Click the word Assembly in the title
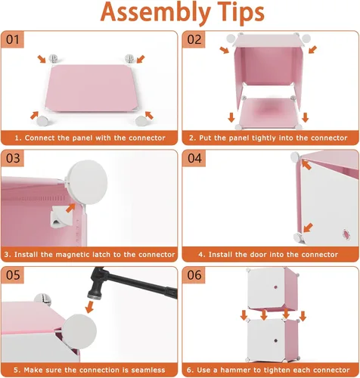[156, 13]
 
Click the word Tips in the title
[241, 13]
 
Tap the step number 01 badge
[13, 39]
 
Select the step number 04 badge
[194, 158]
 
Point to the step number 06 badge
[194, 275]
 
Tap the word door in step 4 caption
[244, 255]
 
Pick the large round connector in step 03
[88, 182]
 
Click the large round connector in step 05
[79, 331]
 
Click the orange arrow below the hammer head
[89, 307]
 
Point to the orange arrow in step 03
[70, 208]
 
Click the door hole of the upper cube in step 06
[275, 287]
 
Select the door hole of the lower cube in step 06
[276, 341]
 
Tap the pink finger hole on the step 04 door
[346, 234]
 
